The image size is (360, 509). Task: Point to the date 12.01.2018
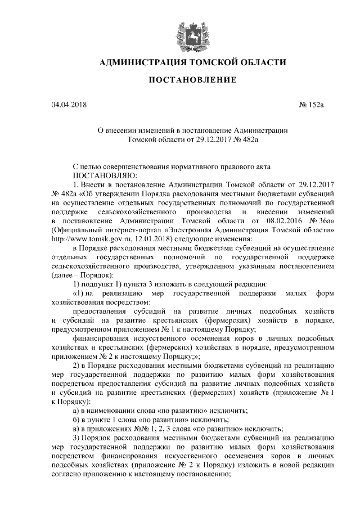pos(148,238)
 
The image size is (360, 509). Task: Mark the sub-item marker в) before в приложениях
pos(77,428)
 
